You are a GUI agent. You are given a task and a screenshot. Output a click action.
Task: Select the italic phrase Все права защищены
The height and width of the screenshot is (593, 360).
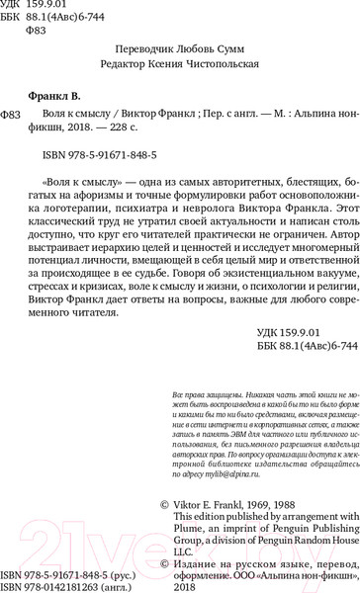203,438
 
